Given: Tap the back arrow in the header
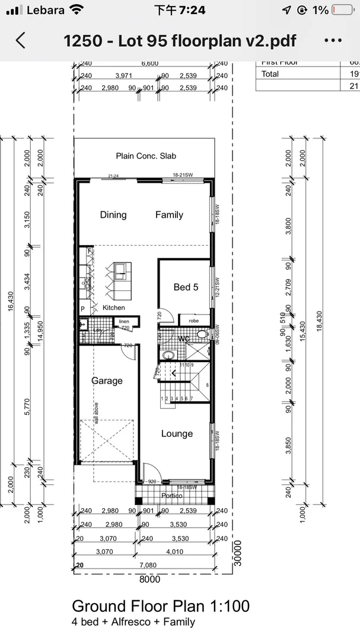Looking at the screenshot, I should (x=21, y=40).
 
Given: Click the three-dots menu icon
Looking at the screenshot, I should (x=334, y=40).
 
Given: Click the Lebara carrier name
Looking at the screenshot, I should (x=46, y=10).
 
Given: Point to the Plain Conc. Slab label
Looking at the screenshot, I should (x=146, y=156).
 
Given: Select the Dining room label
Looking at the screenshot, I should (x=113, y=215).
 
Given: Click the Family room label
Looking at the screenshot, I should (x=169, y=215).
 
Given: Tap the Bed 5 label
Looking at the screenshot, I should (x=186, y=287).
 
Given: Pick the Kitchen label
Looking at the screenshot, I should (x=113, y=307).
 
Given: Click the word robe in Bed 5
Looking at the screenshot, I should (x=194, y=320).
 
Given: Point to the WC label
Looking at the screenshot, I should (x=184, y=338).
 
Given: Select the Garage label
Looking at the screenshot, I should (x=107, y=381).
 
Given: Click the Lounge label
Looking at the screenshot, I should (x=177, y=434).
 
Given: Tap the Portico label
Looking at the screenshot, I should (x=172, y=496).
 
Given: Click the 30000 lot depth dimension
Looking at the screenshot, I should (x=237, y=554).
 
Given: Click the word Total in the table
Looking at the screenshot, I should (x=270, y=74).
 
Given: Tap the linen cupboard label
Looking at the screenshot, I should (x=124, y=321).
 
